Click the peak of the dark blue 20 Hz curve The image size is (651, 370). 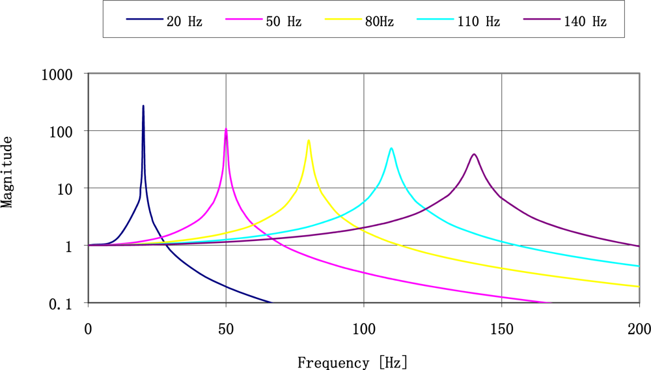pyautogui.click(x=143, y=106)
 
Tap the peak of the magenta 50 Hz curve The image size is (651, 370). pyautogui.click(x=226, y=128)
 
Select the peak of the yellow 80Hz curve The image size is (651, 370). pyautogui.click(x=309, y=140)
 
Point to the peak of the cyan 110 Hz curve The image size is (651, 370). pyautogui.click(x=391, y=148)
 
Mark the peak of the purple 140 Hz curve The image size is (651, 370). pyautogui.click(x=474, y=154)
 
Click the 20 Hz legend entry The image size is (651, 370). pyautogui.click(x=164, y=21)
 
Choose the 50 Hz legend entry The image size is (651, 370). pyautogui.click(x=263, y=21)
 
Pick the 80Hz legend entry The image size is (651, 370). pyautogui.click(x=361, y=21)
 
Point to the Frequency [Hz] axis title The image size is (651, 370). pyautogui.click(x=353, y=362)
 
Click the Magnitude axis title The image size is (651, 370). pyautogui.click(x=8, y=171)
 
